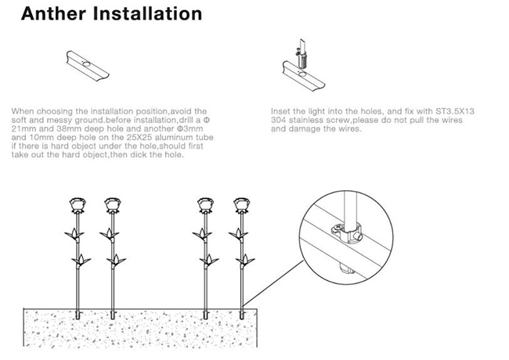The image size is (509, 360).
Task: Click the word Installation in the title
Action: tap(146, 14)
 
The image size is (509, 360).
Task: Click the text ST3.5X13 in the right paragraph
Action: tap(456, 112)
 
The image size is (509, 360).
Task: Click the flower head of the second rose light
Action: tap(110, 206)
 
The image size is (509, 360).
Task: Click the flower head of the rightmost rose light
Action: tap(241, 206)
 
